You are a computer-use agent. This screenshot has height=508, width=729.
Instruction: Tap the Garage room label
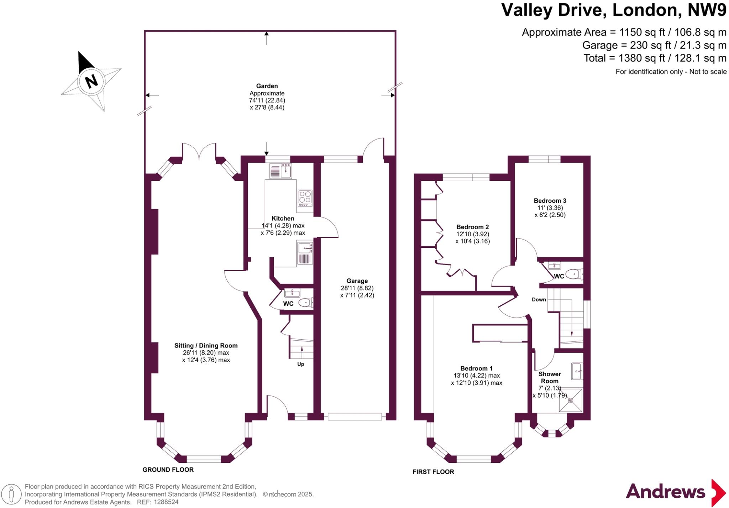coord(357,281)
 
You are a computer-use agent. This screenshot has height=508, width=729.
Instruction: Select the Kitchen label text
coord(283,218)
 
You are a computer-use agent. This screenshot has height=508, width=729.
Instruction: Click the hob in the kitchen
coord(305,198)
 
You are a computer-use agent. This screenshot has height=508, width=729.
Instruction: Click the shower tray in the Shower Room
coord(571,400)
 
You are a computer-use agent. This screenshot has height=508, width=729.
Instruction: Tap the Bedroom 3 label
coord(550,201)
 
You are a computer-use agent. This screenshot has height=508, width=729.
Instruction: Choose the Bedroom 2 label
coord(473,227)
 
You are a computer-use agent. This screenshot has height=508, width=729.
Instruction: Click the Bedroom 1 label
coord(476,368)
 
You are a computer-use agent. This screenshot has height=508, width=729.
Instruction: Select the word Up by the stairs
coord(301,364)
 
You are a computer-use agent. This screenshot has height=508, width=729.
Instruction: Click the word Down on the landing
coord(539,299)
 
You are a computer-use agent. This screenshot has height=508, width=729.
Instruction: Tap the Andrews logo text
coord(665,492)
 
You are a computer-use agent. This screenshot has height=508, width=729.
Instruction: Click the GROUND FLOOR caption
coord(168,470)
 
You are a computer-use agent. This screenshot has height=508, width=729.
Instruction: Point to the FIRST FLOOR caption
coord(433,472)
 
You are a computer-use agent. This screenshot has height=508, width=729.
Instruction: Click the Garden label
coord(267,86)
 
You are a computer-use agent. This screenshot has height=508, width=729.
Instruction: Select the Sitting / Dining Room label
coord(206,345)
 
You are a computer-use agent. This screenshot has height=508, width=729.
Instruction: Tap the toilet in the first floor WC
coord(573,274)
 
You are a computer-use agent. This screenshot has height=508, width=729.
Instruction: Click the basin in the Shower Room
coord(577,371)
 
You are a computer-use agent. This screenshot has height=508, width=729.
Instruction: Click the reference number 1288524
coord(166,502)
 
